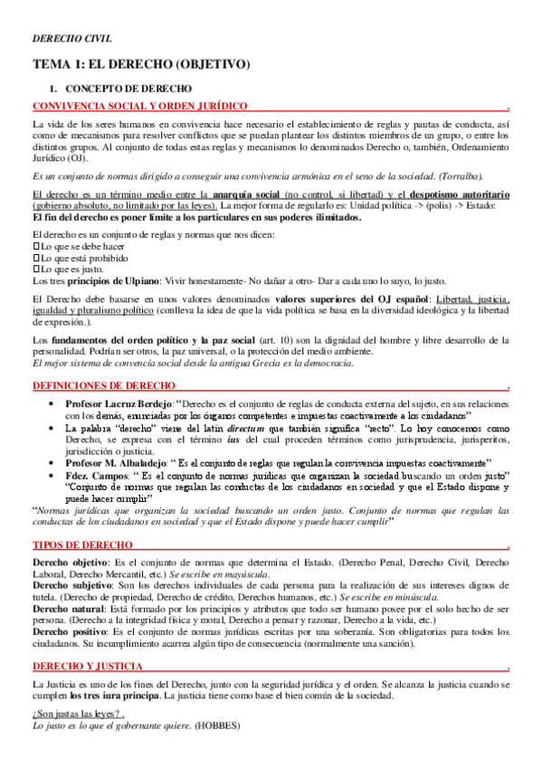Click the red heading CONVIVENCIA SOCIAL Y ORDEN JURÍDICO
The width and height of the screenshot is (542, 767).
coord(139,106)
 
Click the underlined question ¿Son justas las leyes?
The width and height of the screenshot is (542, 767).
coord(76,714)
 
